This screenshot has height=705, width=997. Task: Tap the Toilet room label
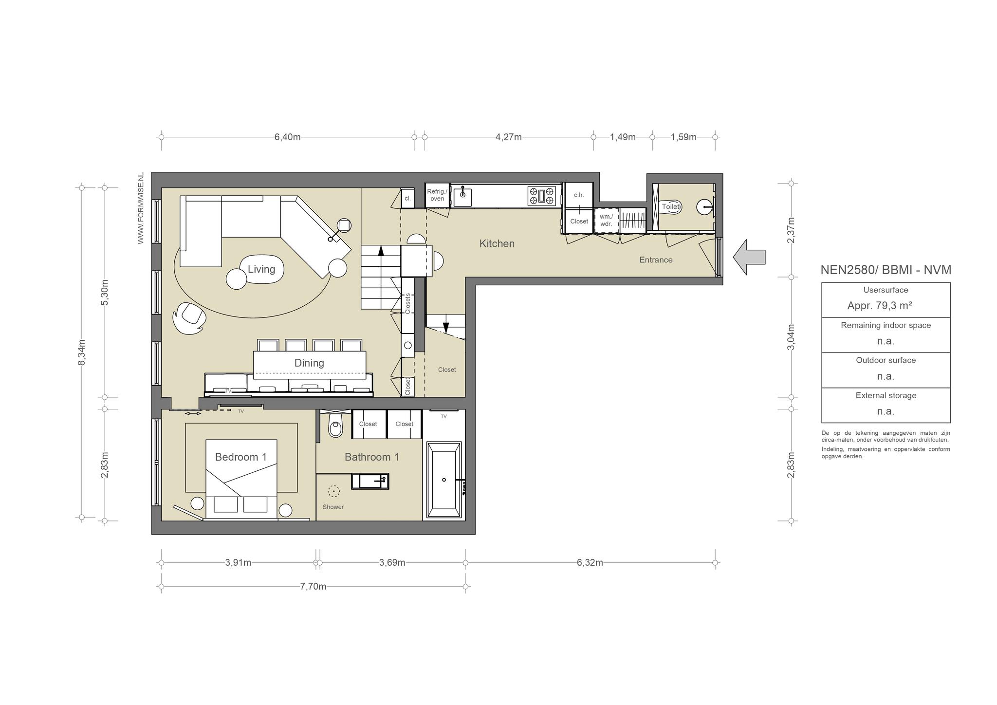pyautogui.click(x=670, y=206)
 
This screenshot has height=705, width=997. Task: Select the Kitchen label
pyautogui.click(x=497, y=243)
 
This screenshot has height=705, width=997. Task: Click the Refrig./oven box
pyautogui.click(x=437, y=195)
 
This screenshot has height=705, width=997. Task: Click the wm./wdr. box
pyautogui.click(x=606, y=221)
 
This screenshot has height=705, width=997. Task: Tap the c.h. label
pyautogui.click(x=579, y=195)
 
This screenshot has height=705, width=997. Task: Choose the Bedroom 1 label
pyautogui.click(x=240, y=457)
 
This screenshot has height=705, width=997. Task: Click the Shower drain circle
pyautogui.click(x=333, y=491)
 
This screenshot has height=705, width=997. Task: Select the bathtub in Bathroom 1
pyautogui.click(x=443, y=480)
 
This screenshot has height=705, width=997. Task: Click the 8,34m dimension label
pyautogui.click(x=82, y=352)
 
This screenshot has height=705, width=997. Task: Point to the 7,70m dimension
pyautogui.click(x=313, y=587)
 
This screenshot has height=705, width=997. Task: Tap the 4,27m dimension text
pyautogui.click(x=508, y=137)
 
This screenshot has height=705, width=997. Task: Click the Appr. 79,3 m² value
pyautogui.click(x=880, y=306)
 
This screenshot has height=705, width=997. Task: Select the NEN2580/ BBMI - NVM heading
pyautogui.click(x=886, y=270)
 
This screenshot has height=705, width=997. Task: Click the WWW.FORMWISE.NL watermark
pyautogui.click(x=141, y=208)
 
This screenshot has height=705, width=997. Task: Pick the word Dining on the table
pyautogui.click(x=309, y=363)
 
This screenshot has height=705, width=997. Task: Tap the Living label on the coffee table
pyautogui.click(x=261, y=269)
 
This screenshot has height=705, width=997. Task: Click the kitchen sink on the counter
pyautogui.click(x=462, y=196)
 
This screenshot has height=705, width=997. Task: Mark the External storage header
pyautogui.click(x=886, y=395)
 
